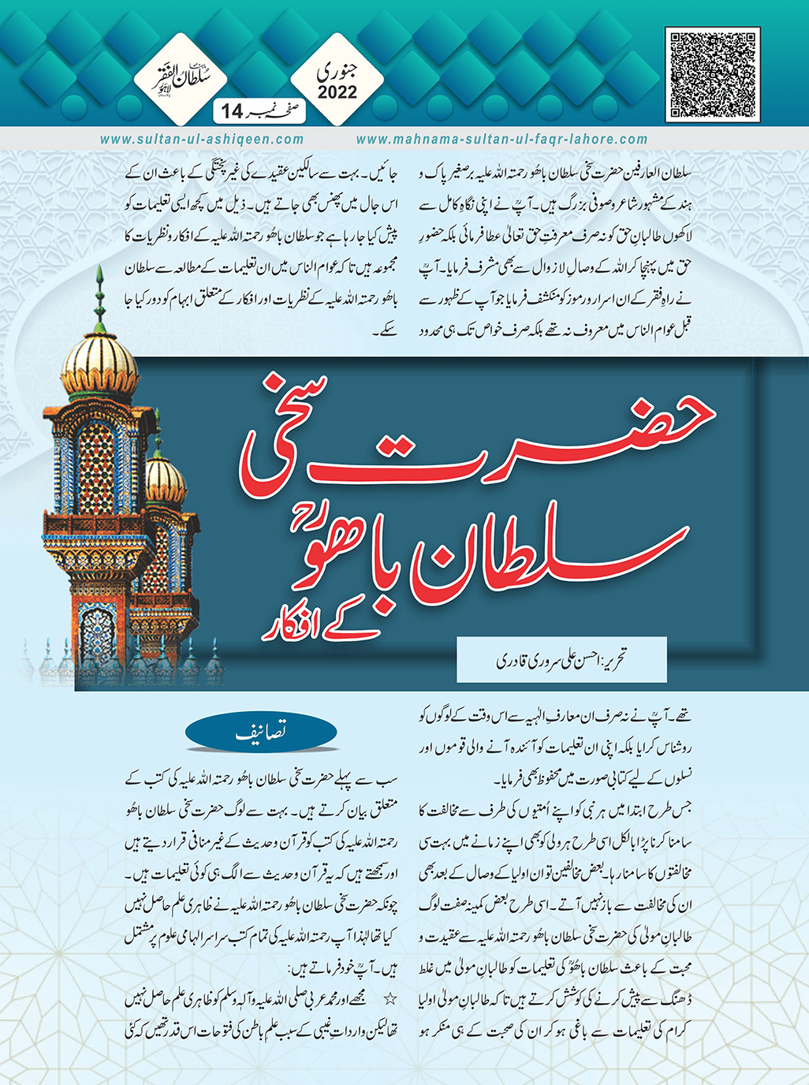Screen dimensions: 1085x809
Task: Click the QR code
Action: [713, 74]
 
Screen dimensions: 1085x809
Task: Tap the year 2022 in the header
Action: [337, 93]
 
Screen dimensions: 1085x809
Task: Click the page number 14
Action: [233, 111]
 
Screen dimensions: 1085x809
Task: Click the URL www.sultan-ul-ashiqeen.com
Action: [202, 140]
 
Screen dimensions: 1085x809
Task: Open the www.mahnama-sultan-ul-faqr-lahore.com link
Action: [502, 140]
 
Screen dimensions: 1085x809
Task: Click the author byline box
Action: [561, 659]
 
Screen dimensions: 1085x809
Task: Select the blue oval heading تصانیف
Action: [261, 733]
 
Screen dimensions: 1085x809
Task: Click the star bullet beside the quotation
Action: [389, 999]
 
